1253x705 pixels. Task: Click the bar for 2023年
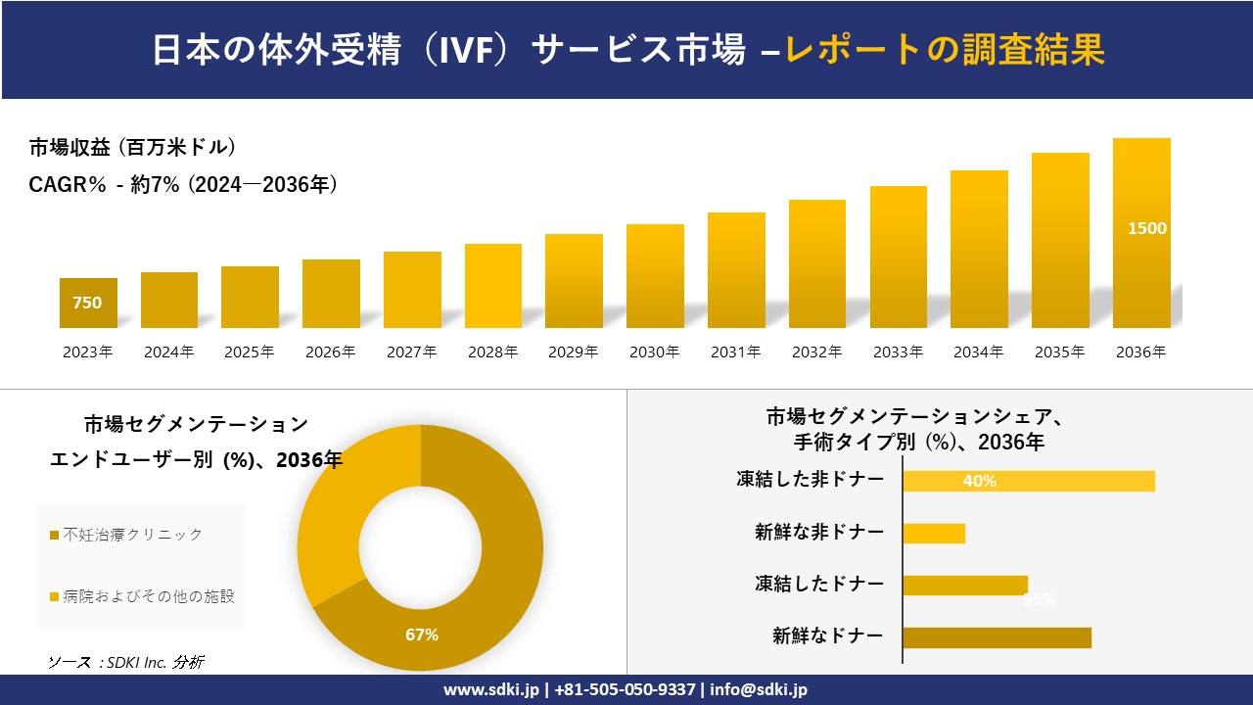tap(88, 303)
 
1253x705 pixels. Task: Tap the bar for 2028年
tap(492, 286)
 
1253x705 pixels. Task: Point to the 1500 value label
tap(1147, 228)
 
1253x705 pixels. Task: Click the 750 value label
tap(87, 304)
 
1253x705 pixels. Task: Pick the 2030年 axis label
tap(655, 352)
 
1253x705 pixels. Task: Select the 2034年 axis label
tap(979, 352)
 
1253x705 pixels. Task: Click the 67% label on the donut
tap(422, 634)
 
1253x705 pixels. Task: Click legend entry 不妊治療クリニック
tap(132, 535)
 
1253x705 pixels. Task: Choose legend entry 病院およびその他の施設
tap(148, 596)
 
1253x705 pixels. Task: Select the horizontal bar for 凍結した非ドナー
tap(1028, 481)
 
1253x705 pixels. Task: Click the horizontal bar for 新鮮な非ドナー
tap(934, 533)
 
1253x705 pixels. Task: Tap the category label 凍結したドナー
tap(818, 585)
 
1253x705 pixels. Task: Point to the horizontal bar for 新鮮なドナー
tap(997, 637)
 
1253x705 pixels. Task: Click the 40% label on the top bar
tap(979, 481)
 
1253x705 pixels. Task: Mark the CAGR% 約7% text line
tap(183, 185)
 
